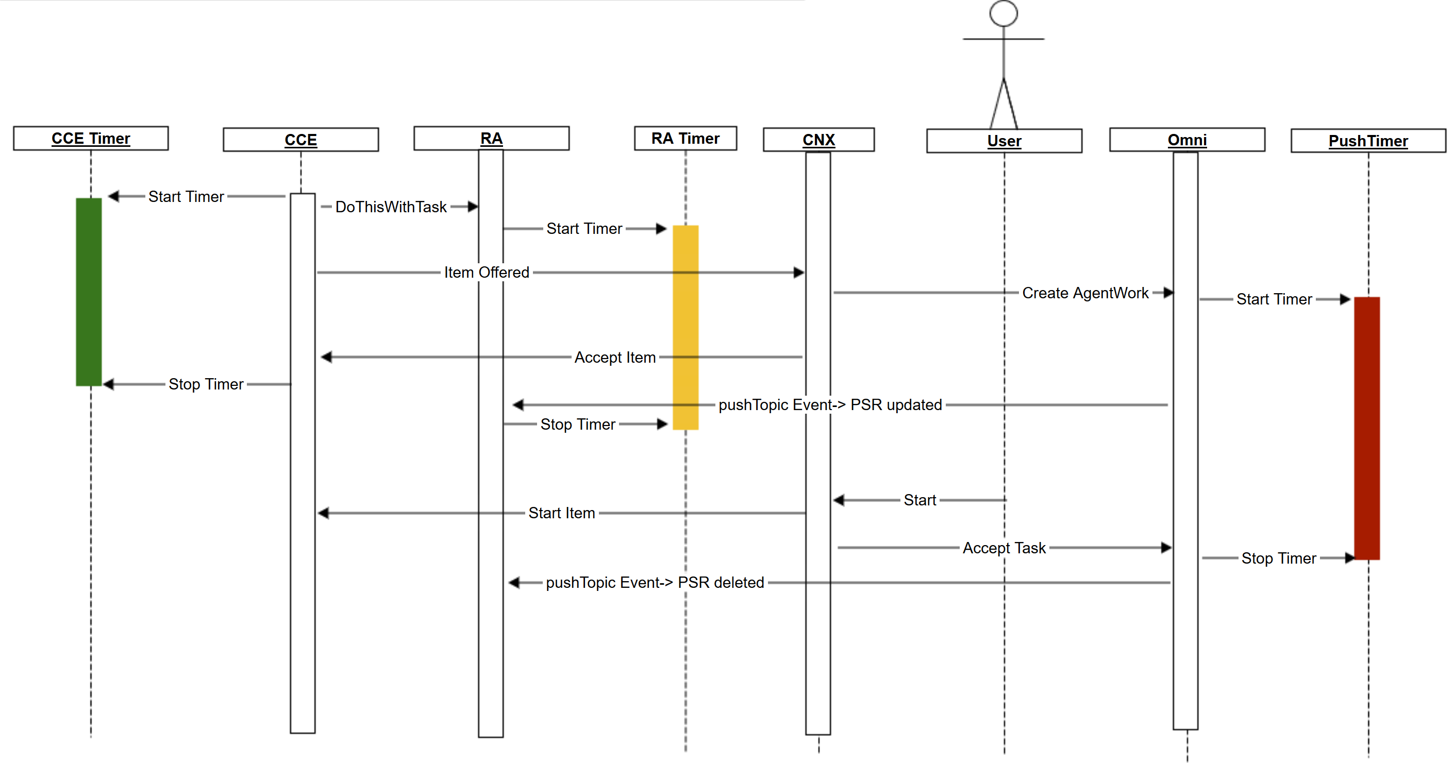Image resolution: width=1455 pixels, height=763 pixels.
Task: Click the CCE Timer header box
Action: tap(91, 139)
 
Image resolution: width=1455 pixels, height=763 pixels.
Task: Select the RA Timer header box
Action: tap(685, 139)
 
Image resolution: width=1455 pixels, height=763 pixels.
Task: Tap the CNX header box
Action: tap(818, 140)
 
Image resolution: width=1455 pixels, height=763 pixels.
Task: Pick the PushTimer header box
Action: tap(1368, 141)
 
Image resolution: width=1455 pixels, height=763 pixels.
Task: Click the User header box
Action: tap(1004, 141)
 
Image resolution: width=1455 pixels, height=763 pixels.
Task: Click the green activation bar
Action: tap(89, 292)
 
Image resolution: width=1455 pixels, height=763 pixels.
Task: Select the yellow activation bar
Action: tap(685, 328)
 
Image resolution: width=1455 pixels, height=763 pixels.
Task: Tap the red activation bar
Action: tap(1367, 428)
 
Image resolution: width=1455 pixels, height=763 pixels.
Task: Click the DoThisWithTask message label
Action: tap(391, 207)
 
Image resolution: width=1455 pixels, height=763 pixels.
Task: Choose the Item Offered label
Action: tap(487, 272)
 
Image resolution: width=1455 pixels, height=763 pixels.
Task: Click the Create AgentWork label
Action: tap(1085, 293)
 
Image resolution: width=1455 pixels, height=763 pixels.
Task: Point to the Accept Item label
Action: tap(614, 357)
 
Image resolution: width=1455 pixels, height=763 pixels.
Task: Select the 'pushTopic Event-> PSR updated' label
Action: tap(830, 404)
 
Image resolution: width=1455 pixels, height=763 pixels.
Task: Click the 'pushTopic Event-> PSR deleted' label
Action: tap(655, 582)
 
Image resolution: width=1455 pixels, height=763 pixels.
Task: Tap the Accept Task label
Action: tap(1004, 548)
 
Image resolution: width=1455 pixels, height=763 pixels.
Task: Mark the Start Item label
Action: tap(561, 513)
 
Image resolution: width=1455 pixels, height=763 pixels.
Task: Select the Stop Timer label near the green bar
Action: tap(206, 384)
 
